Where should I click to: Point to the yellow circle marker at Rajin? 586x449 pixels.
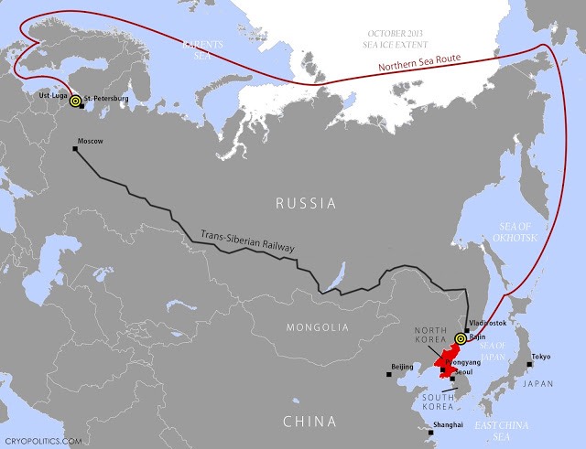[x=460, y=337]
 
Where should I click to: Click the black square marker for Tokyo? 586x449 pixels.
[x=528, y=365]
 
